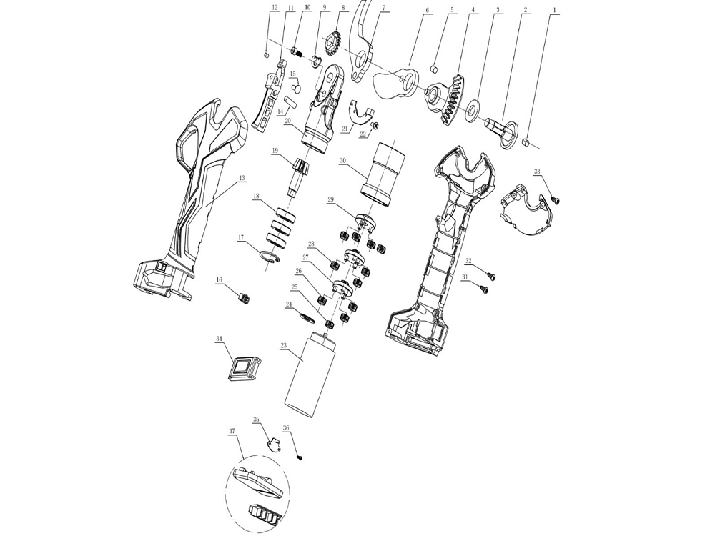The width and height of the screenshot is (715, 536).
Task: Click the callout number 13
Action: pyautogui.click(x=242, y=177)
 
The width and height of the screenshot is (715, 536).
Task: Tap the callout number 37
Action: pyautogui.click(x=232, y=432)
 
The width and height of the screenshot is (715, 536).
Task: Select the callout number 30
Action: pyautogui.click(x=343, y=161)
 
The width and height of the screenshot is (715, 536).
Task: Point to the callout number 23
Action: pyautogui.click(x=284, y=346)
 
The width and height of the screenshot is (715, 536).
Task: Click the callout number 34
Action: pyautogui.click(x=220, y=339)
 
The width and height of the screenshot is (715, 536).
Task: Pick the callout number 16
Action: pyautogui.click(x=220, y=280)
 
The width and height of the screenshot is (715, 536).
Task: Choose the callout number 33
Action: pyautogui.click(x=537, y=172)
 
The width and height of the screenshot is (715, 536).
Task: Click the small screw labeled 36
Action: pyautogui.click(x=300, y=457)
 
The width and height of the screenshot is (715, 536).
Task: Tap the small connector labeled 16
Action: pyautogui.click(x=244, y=297)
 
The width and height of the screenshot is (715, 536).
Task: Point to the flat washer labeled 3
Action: pyautogui.click(x=471, y=111)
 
